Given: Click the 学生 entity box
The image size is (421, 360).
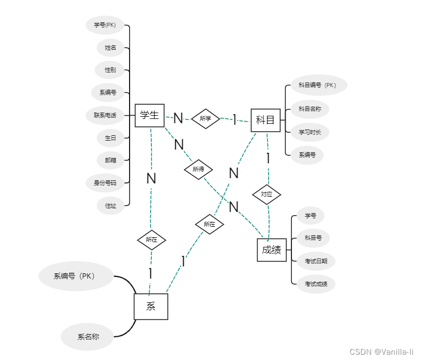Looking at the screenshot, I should tap(150, 115).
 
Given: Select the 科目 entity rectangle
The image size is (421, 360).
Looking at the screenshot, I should tap(265, 121).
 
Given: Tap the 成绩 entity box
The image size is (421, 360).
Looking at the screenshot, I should tap(272, 250).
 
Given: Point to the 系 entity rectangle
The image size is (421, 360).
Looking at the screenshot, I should tap(151, 307).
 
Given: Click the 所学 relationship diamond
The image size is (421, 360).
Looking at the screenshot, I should tap(205, 119).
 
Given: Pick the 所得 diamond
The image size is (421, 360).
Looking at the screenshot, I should tap(198, 170).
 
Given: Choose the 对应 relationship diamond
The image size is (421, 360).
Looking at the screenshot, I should tap(267, 195).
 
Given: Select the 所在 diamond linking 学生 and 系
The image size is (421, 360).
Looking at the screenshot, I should tap(151, 240).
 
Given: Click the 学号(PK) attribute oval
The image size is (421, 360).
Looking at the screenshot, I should tap(105, 25).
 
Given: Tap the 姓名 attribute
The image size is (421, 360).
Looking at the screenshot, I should tap(111, 48).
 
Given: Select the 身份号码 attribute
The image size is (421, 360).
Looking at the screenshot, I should tap(105, 183).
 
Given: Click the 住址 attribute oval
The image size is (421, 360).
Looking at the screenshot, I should tap(111, 206).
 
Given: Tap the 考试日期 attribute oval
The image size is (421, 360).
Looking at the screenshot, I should tap(316, 261).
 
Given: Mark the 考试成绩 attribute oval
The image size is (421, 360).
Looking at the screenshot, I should tap(316, 284).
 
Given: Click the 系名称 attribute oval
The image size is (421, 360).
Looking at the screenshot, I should tap(88, 337).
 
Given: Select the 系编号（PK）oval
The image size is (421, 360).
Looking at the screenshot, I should tap(76, 276).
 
